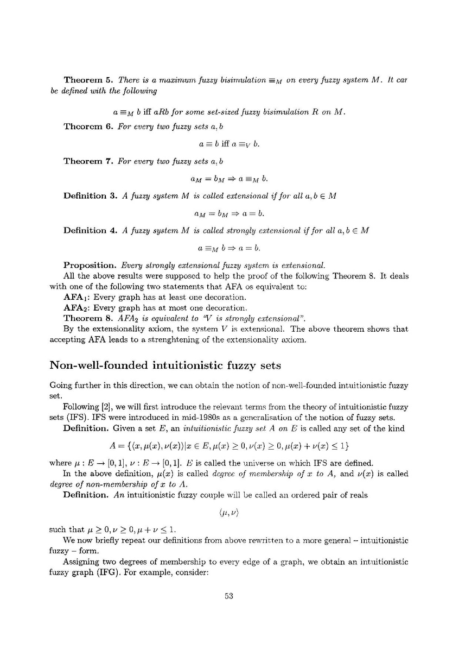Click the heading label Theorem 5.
pyautogui.click(x=87, y=80)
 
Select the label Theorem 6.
pyautogui.click(x=87, y=126)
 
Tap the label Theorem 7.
pyautogui.click(x=87, y=161)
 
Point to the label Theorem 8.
pyautogui.click(x=87, y=318)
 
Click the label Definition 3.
pyautogui.click(x=91, y=195)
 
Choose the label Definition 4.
pyautogui.click(x=91, y=230)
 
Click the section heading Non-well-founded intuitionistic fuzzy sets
pyautogui.click(x=165, y=365)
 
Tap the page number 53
pyautogui.click(x=229, y=596)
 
